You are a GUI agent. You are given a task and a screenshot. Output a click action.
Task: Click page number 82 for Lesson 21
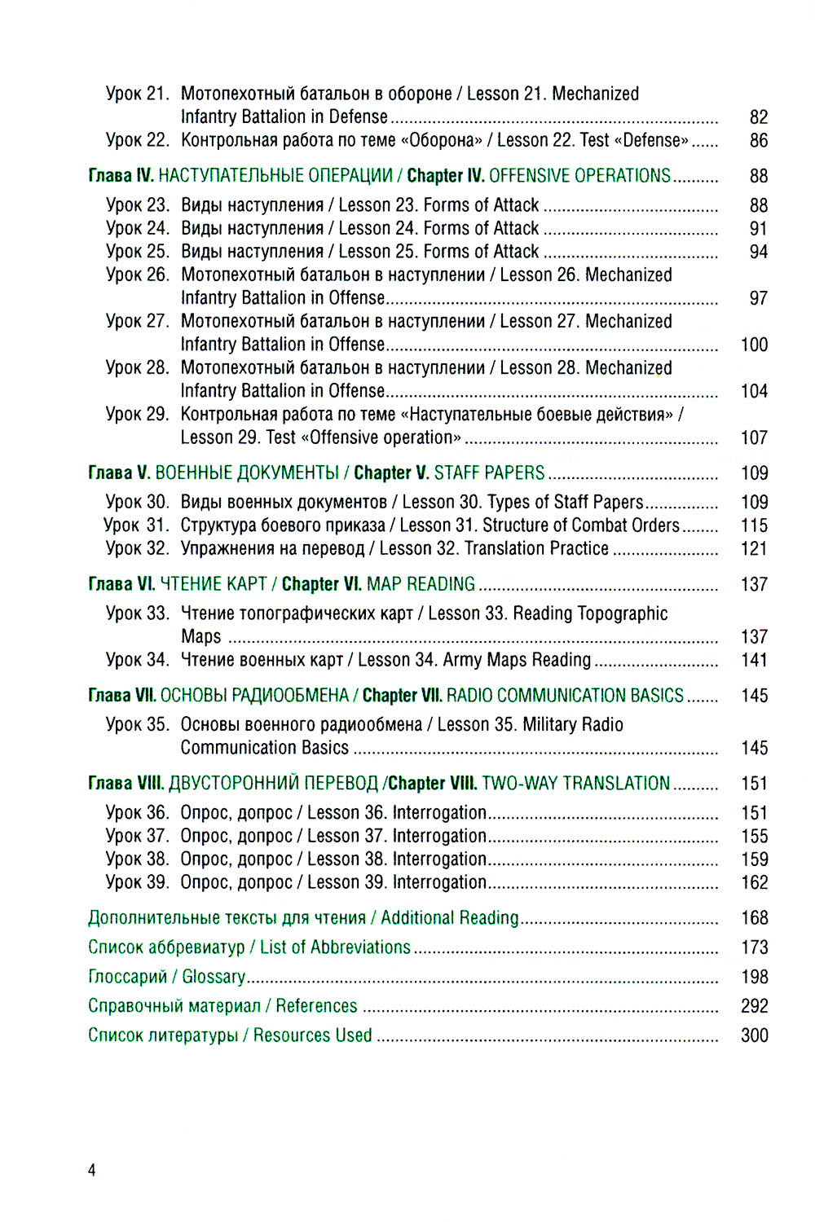coord(758,117)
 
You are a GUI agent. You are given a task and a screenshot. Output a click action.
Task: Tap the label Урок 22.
coord(137,140)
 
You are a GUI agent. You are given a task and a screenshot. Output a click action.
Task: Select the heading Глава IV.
coord(121,176)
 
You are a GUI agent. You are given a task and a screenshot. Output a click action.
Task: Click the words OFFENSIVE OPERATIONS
coord(579,176)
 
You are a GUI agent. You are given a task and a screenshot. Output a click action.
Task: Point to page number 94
coord(758,252)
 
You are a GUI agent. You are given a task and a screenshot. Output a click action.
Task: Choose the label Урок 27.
coord(137,321)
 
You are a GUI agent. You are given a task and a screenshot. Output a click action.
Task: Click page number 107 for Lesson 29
coord(754,437)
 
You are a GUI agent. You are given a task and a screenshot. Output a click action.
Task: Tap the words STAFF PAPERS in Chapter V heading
coord(489,473)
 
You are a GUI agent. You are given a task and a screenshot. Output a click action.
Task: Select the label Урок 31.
coord(136,525)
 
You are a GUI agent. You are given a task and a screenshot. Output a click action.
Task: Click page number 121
coord(754,548)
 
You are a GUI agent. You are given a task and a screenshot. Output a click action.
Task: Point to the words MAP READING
coord(421,584)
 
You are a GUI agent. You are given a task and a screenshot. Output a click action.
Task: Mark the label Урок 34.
coord(137,660)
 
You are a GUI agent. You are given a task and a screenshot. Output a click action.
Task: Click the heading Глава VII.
coord(121,696)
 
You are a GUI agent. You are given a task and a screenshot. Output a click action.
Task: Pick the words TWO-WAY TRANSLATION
coord(575,784)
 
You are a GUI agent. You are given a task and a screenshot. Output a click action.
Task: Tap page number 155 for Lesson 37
coord(754,836)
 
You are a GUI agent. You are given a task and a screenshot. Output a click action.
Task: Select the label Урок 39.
coord(137,882)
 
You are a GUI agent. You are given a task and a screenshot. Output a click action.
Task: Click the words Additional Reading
coord(449,918)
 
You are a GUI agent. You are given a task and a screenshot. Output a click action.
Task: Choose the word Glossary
coord(214,977)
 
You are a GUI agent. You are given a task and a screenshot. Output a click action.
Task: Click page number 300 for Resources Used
coord(754,1035)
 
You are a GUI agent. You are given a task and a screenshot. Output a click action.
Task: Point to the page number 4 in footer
coord(92,1171)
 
